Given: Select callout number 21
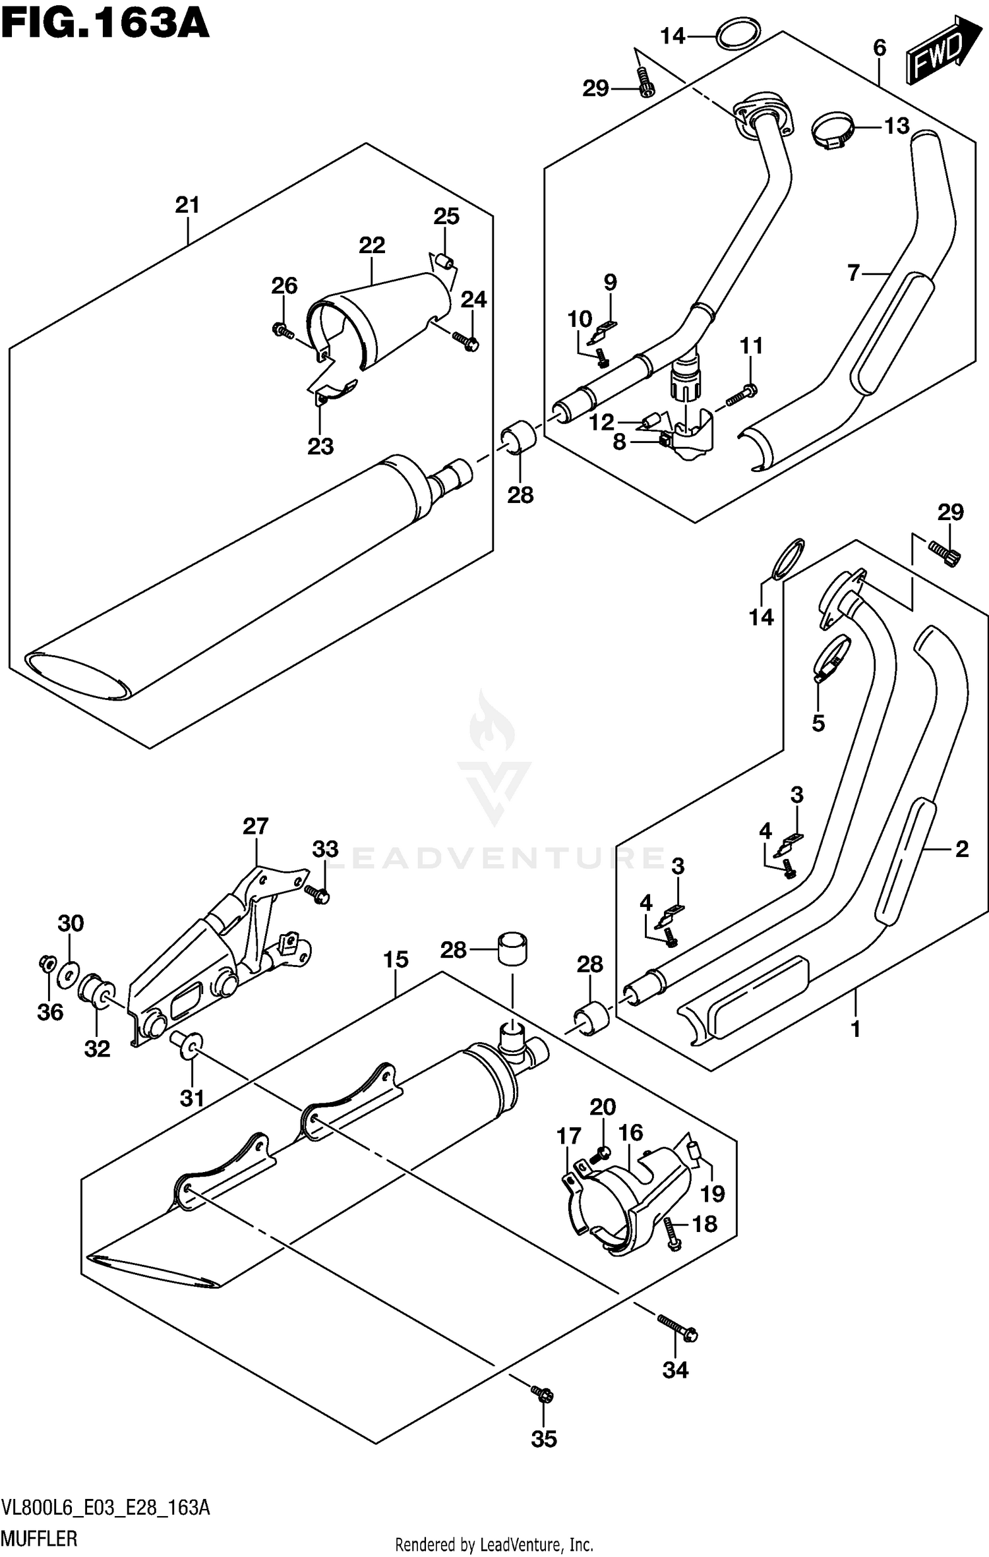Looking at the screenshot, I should coord(187,205).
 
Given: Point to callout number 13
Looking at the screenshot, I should coord(897,125).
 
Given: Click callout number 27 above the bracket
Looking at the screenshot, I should coord(255,826).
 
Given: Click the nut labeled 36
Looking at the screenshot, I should coord(46,964).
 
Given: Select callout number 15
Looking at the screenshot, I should coord(396,959).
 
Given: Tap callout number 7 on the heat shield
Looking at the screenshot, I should coord(854,272).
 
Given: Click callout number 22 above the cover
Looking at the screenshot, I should coord(372,245).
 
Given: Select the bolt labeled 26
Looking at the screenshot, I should coord(282,330).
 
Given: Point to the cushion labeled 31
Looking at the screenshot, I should coord(186,1042).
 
